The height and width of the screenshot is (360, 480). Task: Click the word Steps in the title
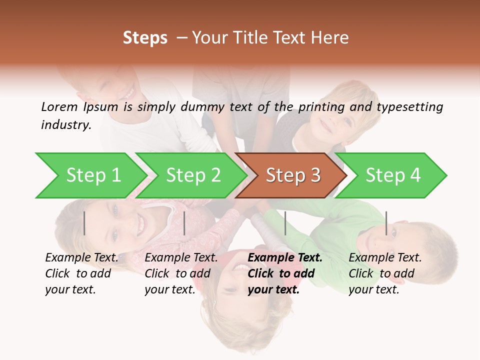pyautogui.click(x=145, y=38)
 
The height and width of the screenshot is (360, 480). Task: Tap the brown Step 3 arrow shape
pyautogui.click(x=293, y=175)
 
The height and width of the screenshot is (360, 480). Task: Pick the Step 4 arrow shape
pyautogui.click(x=393, y=175)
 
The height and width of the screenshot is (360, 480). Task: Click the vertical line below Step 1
pyautogui.click(x=84, y=223)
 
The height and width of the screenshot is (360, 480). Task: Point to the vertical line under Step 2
pyautogui.click(x=184, y=223)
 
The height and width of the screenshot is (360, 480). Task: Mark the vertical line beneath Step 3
pyautogui.click(x=285, y=223)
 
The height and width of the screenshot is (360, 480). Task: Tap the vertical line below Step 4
pyautogui.click(x=386, y=223)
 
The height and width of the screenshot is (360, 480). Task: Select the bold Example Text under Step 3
pyautogui.click(x=285, y=273)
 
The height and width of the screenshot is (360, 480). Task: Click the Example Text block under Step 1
pyautogui.click(x=81, y=273)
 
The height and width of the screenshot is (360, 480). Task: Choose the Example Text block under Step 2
pyautogui.click(x=181, y=273)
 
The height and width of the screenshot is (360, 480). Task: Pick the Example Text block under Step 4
pyautogui.click(x=385, y=273)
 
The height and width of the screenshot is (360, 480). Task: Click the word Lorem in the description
pyautogui.click(x=59, y=106)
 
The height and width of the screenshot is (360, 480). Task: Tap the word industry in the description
pyautogui.click(x=66, y=125)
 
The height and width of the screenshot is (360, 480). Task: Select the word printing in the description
pyautogui.click(x=319, y=107)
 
